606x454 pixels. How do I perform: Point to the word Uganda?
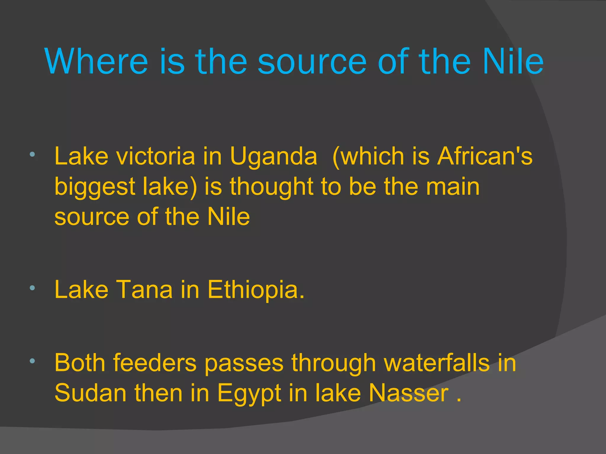273,157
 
